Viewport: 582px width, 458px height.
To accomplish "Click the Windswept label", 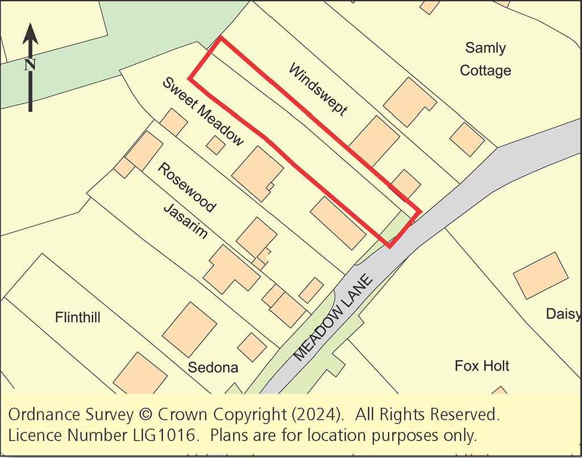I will pyautogui.click(x=318, y=90).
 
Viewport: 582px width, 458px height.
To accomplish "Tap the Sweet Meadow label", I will pyautogui.click(x=203, y=111).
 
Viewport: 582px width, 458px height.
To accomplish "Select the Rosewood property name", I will pyautogui.click(x=186, y=188).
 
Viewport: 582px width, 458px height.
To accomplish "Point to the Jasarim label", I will pyautogui.click(x=185, y=222).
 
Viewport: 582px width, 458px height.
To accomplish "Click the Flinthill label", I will pyautogui.click(x=78, y=317).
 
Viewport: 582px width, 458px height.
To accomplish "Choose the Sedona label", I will pyautogui.click(x=213, y=367).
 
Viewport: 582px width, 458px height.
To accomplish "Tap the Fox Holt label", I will pyautogui.click(x=482, y=365).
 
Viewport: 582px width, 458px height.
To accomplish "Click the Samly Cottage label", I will pyautogui.click(x=485, y=59).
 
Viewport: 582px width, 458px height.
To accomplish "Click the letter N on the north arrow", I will pyautogui.click(x=30, y=64).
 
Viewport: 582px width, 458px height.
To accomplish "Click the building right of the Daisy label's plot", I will pyautogui.click(x=541, y=276).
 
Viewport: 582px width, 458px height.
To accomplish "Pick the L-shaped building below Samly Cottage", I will pyautogui.click(x=409, y=102).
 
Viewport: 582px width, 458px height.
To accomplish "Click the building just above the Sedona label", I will pyautogui.click(x=190, y=330).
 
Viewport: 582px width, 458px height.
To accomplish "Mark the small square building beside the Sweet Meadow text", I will pyautogui.click(x=215, y=145).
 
